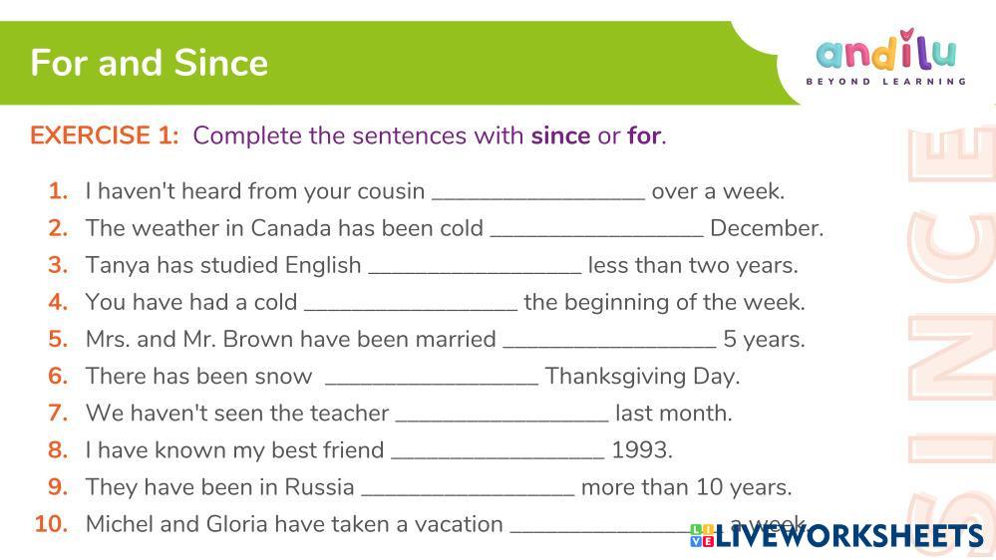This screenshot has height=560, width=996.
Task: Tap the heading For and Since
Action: pos(150,63)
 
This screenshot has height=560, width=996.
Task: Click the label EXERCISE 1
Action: pos(105,136)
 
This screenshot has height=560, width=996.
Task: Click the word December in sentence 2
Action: pos(767,228)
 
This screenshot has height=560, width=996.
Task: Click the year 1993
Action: pos(641,450)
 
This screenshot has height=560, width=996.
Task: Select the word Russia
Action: pos(319,487)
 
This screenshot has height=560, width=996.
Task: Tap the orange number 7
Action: pos(58,414)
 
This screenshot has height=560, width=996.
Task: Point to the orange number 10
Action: pos(52,524)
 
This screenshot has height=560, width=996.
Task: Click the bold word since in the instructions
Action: pos(561,136)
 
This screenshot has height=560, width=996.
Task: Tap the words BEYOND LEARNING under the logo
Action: pos(886,82)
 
